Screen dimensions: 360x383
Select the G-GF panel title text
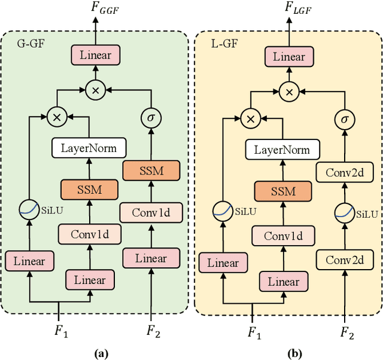pyautogui.click(x=28, y=43)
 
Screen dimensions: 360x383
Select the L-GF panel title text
pyautogui.click(x=217, y=43)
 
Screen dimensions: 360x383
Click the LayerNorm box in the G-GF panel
pyautogui.click(x=89, y=147)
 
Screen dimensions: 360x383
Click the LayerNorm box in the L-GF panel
pyautogui.click(x=282, y=150)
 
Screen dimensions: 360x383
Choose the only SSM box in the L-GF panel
pyautogui.click(x=282, y=191)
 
